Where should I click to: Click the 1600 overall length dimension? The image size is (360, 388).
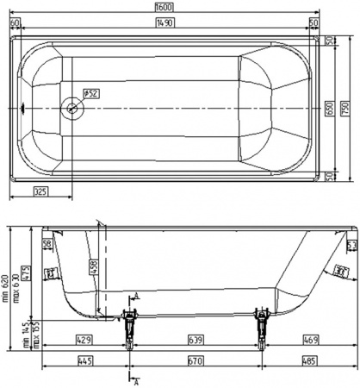click(164, 6)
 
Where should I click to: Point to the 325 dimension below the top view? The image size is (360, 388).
click(40, 191)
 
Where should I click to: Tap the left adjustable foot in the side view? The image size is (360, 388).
click(129, 331)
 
